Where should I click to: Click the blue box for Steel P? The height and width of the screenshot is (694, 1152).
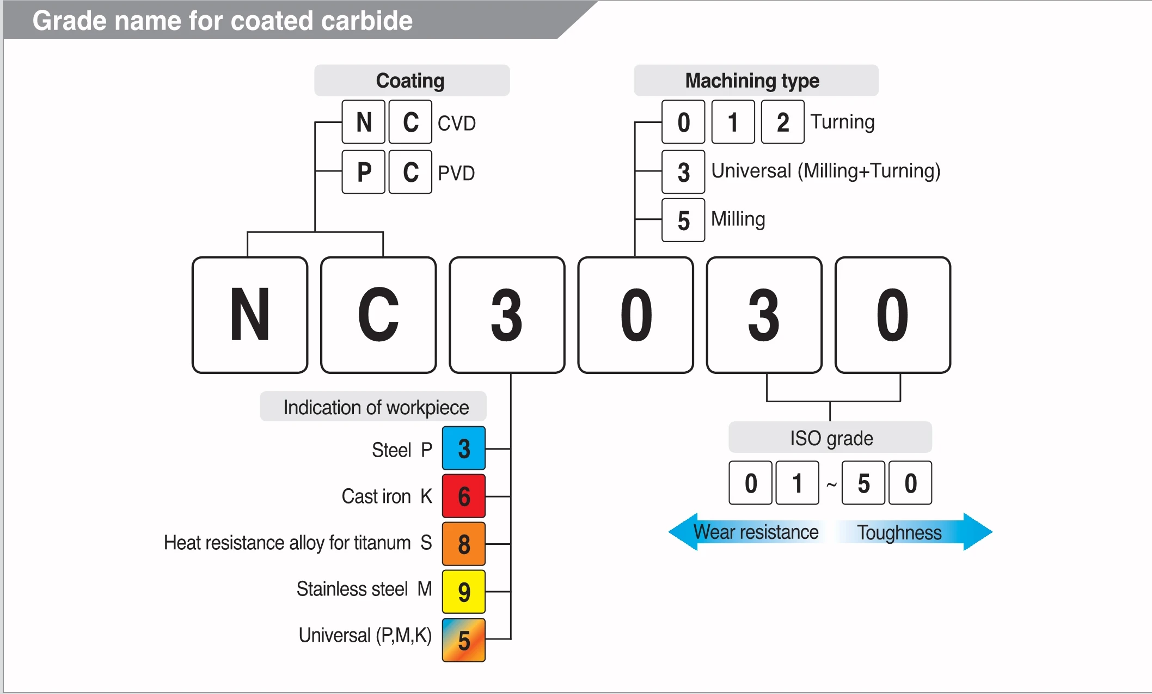pos(463,449)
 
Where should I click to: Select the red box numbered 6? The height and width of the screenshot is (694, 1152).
pos(463,496)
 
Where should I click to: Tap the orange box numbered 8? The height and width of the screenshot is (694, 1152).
pos(463,544)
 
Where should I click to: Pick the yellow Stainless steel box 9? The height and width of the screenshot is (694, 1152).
pos(463,592)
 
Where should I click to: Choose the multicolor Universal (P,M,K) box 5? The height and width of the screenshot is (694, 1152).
pos(463,640)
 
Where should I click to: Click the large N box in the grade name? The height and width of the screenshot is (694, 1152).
pos(250,315)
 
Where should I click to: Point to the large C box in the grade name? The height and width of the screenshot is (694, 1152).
pos(378,315)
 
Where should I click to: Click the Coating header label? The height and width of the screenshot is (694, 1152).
pos(411,81)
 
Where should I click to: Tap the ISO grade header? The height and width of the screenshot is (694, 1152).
pos(830,438)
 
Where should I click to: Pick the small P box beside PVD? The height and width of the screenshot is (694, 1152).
pos(364,172)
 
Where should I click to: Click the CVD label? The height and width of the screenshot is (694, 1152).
pos(456,124)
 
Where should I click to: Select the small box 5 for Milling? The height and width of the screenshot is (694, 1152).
pos(683,220)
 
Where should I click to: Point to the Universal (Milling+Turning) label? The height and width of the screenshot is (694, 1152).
pos(825,171)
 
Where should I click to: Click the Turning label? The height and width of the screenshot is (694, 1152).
pos(842,122)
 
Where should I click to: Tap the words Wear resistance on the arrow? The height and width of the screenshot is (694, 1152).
pos(755,532)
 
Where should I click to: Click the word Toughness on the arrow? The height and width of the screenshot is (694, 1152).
pos(899,532)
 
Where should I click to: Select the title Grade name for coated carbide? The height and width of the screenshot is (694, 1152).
pos(222,21)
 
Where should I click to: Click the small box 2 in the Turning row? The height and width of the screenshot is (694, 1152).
pos(782,122)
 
